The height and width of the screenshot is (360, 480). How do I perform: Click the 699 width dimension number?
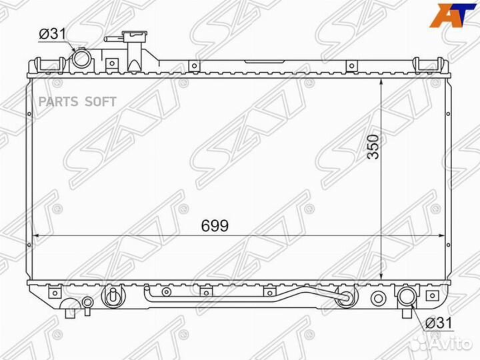[x=215, y=226]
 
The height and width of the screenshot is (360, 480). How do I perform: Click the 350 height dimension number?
[x=373, y=146]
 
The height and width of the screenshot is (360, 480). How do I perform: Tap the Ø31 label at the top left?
[x=53, y=34]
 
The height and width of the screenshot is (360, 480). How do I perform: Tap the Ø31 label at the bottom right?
[x=439, y=323]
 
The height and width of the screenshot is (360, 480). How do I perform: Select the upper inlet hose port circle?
[x=81, y=59]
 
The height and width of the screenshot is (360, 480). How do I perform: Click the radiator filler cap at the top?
[x=135, y=36]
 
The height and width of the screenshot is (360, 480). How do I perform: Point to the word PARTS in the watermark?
[x=59, y=101]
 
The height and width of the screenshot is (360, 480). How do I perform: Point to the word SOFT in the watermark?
[x=101, y=101]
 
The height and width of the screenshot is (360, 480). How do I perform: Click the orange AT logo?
[x=451, y=15]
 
